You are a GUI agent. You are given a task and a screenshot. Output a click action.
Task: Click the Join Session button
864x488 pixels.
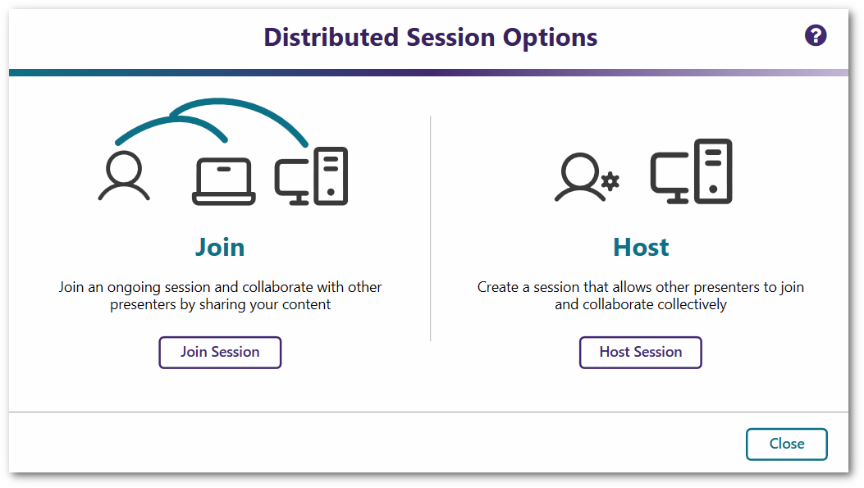pos(220,352)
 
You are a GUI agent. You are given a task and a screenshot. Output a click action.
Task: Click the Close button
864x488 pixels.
pos(786,444)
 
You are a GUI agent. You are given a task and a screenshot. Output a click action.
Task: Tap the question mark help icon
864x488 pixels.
pos(816,35)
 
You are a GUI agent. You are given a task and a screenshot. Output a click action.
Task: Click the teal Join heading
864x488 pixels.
pos(220,247)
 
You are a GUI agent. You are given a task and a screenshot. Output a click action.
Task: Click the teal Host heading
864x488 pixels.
pos(641,247)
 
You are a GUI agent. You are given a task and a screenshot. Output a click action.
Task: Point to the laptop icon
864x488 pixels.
pos(223,181)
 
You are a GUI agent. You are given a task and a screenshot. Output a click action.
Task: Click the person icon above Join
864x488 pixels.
pos(124,176)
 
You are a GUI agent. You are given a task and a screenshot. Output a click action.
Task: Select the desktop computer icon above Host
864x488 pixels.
pos(691,171)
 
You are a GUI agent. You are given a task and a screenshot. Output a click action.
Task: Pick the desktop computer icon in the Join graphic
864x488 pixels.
pos(311,176)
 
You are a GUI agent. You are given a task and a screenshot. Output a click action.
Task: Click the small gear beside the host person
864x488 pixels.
pos(610,181)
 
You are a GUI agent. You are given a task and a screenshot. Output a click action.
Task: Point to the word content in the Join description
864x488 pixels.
pos(308,304)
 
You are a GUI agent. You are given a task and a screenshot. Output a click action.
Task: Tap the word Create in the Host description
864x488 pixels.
pos(496,287)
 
